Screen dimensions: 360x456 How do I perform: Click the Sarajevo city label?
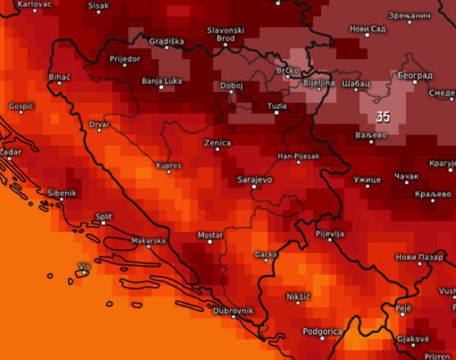(x=255, y=180)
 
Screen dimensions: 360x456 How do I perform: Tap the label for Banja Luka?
(x=161, y=80)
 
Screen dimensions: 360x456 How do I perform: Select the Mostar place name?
(x=209, y=236)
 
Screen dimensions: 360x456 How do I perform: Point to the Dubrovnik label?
(x=232, y=310)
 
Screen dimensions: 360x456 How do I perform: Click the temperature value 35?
(x=383, y=117)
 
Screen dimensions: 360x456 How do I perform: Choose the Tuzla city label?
(x=277, y=105)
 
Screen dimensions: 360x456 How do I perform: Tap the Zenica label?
(x=217, y=143)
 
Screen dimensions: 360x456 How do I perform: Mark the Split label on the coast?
(x=104, y=216)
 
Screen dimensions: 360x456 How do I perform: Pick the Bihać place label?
(x=59, y=77)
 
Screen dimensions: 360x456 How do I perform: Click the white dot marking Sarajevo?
(x=254, y=188)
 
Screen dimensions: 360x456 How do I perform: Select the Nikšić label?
(x=298, y=297)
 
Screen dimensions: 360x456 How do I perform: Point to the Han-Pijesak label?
(x=298, y=156)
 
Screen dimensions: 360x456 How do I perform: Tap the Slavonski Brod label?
(x=225, y=34)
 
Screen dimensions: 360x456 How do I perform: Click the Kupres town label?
(x=168, y=166)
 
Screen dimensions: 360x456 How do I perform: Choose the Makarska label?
(x=148, y=240)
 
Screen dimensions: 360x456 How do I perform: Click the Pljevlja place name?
(x=329, y=235)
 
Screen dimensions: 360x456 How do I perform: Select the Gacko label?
(x=266, y=255)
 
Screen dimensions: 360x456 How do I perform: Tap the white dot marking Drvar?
(x=99, y=131)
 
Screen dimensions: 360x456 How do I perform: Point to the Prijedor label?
(x=125, y=59)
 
